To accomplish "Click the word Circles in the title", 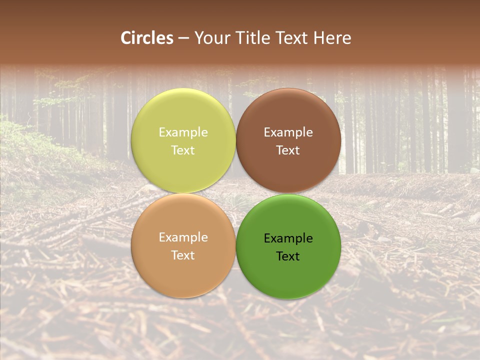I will tap(147, 38).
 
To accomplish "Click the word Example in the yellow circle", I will tap(183, 132).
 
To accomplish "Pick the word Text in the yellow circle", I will tap(183, 150).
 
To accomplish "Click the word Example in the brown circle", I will tap(288, 132).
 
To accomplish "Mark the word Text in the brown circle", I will tap(288, 150).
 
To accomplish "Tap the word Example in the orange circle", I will tap(183, 237).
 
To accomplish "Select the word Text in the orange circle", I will tap(183, 255).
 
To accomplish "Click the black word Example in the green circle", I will tap(288, 238).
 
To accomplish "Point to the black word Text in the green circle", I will tap(288, 256).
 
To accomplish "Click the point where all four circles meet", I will tap(236, 193).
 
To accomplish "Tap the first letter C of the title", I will tap(126, 38).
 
